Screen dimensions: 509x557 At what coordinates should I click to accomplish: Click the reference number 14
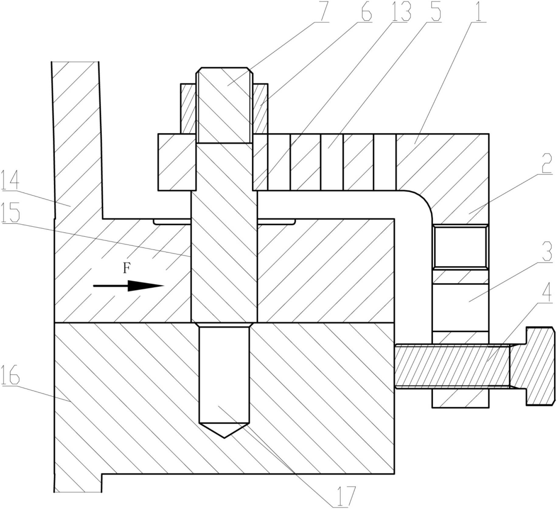10,180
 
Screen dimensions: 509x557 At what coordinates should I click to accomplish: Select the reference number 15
10,212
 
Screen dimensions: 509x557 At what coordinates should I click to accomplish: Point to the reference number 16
10,374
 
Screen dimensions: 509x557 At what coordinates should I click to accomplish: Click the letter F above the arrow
127,269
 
